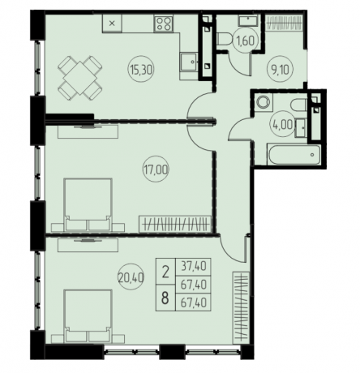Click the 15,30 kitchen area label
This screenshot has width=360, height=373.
click(140, 70)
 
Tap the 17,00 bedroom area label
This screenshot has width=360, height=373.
click(156, 169)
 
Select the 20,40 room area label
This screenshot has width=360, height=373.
click(131, 277)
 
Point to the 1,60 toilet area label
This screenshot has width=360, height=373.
click(246, 41)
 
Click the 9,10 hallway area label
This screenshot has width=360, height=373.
click(280, 70)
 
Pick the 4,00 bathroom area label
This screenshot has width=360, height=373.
click(281, 125)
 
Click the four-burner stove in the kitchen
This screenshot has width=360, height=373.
click(164, 24)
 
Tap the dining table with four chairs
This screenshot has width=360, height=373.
click(79, 78)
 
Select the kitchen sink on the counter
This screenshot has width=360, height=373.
click(189, 62)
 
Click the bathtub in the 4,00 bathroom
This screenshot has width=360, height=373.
click(294, 155)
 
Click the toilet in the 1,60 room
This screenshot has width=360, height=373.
click(224, 39)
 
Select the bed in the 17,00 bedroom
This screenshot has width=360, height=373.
click(88, 204)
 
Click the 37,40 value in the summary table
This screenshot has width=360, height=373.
click(194, 267)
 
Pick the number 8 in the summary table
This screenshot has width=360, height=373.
click(165, 298)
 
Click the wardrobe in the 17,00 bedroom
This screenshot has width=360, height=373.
click(175, 224)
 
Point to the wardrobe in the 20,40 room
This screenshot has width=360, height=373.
click(241, 307)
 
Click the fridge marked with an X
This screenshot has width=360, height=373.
click(112, 24)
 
